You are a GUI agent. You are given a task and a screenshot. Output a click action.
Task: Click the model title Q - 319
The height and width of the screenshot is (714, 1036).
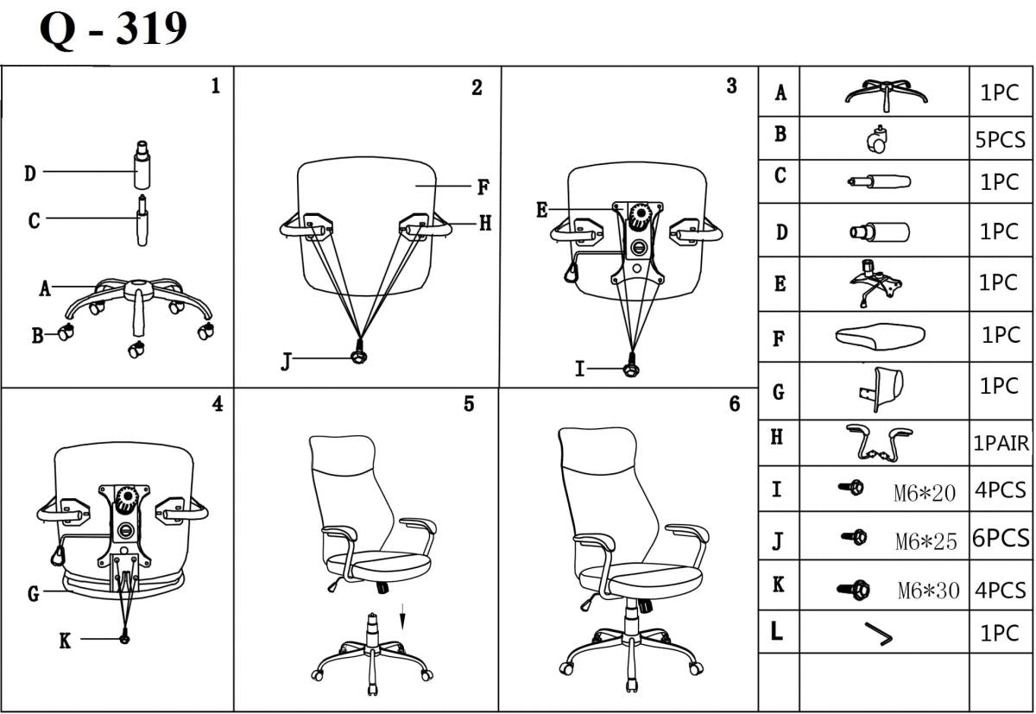click(x=113, y=30)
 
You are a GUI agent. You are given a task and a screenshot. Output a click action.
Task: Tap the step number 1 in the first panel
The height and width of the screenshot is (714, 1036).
click(x=215, y=86)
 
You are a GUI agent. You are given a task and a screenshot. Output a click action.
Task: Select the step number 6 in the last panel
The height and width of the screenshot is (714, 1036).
click(x=735, y=404)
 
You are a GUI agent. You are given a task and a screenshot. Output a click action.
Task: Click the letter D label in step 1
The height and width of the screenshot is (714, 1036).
click(x=30, y=174)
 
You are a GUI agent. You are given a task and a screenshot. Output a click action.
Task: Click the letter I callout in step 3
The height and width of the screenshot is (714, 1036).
click(x=580, y=370)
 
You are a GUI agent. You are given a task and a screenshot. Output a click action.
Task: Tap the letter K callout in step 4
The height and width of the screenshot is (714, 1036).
click(x=65, y=641)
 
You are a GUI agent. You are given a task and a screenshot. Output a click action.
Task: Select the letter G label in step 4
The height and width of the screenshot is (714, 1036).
click(x=33, y=594)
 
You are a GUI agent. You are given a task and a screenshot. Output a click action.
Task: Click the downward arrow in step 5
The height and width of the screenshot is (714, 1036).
click(x=403, y=621)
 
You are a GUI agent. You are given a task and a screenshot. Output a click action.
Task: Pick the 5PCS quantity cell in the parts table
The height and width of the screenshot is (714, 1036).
click(x=1001, y=140)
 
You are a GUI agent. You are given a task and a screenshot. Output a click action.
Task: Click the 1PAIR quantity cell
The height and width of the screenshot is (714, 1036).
click(x=1001, y=444)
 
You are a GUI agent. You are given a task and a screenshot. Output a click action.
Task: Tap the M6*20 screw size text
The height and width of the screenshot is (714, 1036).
click(x=925, y=493)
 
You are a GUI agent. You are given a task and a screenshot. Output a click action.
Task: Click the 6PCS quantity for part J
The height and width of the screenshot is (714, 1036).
click(x=1001, y=539)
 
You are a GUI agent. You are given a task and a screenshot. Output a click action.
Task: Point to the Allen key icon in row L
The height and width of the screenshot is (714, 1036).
click(x=878, y=635)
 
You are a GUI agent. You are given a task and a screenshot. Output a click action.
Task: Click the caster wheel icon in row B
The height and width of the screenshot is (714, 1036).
click(x=879, y=140)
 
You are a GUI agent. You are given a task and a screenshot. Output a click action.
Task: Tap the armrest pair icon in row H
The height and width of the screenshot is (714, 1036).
click(x=880, y=443)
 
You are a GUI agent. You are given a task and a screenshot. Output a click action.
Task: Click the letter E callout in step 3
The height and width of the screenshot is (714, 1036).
click(x=541, y=210)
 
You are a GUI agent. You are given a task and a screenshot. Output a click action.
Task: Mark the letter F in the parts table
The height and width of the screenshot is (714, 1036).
click(x=779, y=338)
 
